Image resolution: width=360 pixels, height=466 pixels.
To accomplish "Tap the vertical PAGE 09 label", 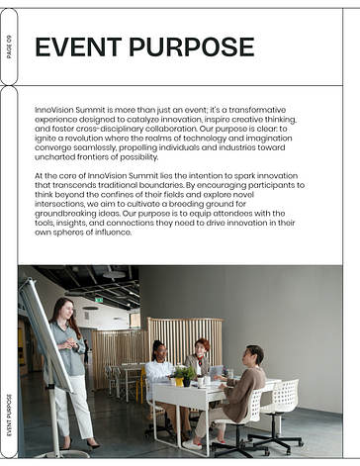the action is point(9,47).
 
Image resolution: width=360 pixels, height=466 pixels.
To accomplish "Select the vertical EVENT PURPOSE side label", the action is point(9,415).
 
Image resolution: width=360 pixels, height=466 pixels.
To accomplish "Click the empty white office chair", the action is point(282,406).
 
